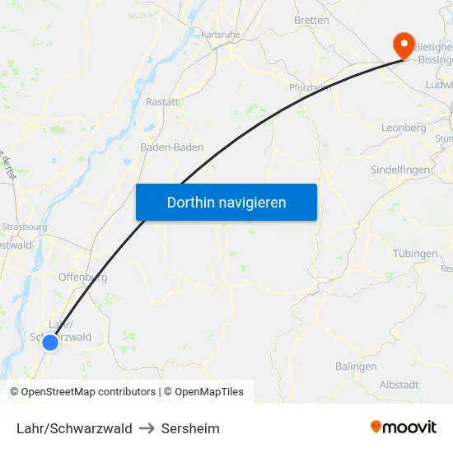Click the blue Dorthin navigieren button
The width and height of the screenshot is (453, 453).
coord(226,202)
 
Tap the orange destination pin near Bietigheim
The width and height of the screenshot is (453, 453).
coord(404,44)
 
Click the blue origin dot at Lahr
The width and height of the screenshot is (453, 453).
coord(50,342)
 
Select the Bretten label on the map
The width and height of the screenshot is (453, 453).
coord(311,20)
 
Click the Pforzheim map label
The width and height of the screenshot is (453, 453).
coord(310,87)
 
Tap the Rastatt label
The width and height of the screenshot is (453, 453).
coord(162,101)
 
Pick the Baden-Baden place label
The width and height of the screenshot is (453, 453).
coord(172,147)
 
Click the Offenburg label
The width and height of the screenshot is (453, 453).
coord(82,277)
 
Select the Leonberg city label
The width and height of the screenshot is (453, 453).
coord(404,128)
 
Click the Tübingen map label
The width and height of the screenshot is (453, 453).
coord(415,253)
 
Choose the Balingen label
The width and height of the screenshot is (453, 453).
coord(356,366)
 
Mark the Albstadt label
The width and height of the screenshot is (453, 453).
coord(399,385)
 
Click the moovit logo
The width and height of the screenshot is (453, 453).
coord(404,427)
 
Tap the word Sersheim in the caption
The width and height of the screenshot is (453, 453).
coord(190,428)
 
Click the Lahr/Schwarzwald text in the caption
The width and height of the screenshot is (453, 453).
coord(74,428)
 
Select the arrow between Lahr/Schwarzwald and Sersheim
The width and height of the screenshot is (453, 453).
coord(147,428)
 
